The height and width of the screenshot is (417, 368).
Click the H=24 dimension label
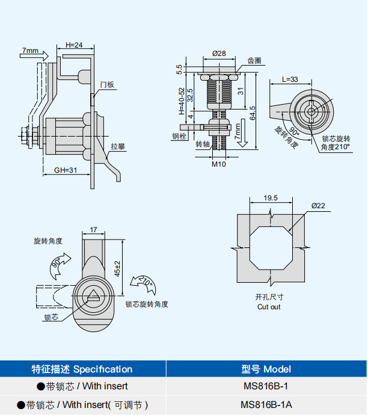pyautogui.click(x=74, y=45)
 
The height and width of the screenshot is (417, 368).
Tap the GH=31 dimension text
pyautogui.click(x=66, y=170)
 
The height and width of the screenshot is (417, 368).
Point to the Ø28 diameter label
pyautogui.click(x=219, y=54)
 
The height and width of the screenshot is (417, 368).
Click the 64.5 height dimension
pyautogui.click(x=253, y=113)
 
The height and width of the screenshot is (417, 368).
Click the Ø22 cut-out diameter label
pyautogui.click(x=318, y=206)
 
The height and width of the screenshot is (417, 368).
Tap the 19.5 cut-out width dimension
pyautogui.click(x=270, y=198)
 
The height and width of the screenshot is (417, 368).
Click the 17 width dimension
pyautogui.click(x=93, y=229)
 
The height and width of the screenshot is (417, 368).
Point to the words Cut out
pyautogui.click(x=269, y=307)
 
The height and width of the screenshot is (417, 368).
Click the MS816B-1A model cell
pyautogui.click(x=266, y=405)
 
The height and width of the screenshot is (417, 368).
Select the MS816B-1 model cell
pyautogui.click(x=266, y=386)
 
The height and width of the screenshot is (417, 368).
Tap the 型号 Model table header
pyautogui.click(x=266, y=369)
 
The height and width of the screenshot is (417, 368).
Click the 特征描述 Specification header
pyautogui.click(x=82, y=369)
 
